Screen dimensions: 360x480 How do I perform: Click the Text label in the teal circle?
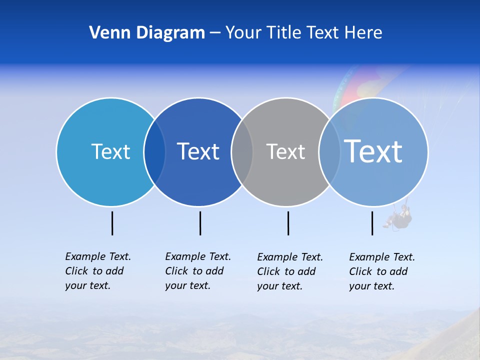click(110, 151)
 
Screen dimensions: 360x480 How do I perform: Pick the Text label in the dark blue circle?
click(198, 151)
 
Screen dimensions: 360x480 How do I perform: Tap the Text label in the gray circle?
click(285, 151)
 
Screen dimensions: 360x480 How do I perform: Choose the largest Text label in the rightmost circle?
click(373, 151)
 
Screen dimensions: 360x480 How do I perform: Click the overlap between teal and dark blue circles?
click(154, 152)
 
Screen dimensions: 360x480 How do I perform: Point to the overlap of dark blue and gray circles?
click(242, 152)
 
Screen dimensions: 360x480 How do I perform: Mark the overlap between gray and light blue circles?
click(329, 152)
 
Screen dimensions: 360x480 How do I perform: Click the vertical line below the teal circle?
click(112, 223)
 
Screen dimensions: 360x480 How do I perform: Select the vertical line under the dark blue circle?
click(200, 223)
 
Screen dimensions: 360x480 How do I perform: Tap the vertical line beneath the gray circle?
click(288, 223)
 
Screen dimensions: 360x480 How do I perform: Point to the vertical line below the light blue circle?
click(372, 223)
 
